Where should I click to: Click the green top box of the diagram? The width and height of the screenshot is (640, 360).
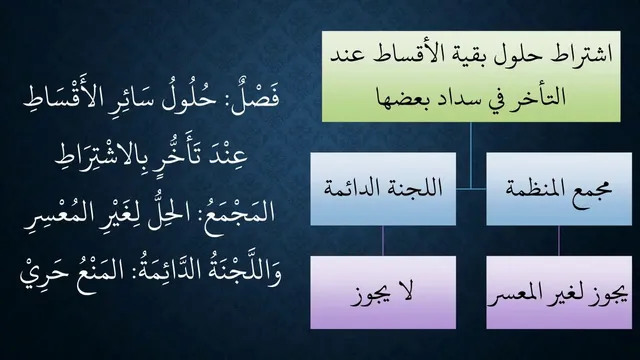click(x=471, y=76)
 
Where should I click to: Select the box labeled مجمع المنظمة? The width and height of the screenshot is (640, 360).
click(x=559, y=189)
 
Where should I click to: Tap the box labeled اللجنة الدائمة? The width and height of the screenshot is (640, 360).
click(x=383, y=189)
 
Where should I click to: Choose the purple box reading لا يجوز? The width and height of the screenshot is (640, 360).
click(x=383, y=292)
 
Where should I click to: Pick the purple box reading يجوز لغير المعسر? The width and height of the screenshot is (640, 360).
click(x=559, y=292)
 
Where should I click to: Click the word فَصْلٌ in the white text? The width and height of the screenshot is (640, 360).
click(x=255, y=97)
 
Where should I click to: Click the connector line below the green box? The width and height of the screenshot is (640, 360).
click(x=471, y=156)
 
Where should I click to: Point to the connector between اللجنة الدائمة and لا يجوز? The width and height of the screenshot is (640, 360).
click(x=383, y=241)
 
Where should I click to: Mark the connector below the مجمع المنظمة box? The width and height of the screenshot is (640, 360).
click(x=559, y=241)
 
